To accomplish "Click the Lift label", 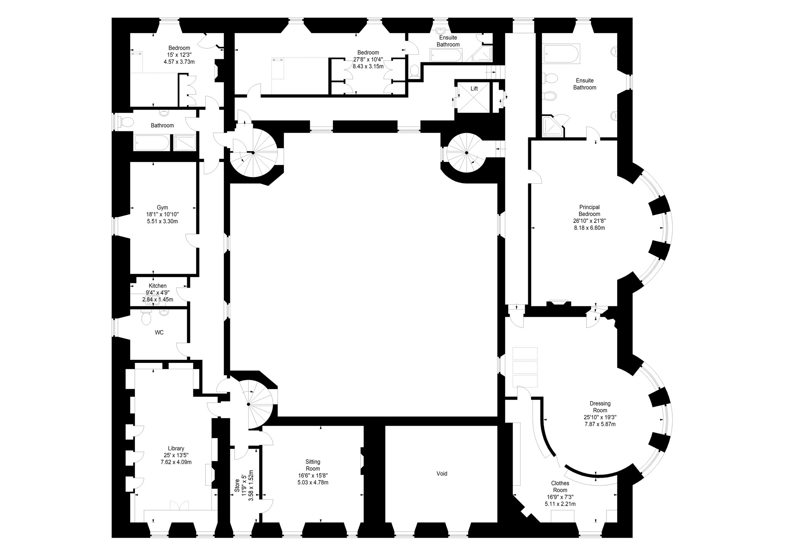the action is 474,89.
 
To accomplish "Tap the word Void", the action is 442,473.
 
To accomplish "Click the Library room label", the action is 176,448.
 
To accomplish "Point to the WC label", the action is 159,332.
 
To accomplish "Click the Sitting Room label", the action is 313,465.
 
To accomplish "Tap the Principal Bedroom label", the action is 589,211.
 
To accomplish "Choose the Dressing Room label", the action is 600,407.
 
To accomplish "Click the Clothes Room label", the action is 560,487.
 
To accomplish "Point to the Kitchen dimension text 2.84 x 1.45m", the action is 158,299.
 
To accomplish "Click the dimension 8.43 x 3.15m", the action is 368,66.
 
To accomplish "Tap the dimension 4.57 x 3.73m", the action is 179,62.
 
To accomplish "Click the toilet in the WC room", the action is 146,318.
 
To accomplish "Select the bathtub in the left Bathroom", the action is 151,142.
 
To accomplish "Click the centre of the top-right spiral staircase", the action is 466,153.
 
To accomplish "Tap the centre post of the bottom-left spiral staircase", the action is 248,404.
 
